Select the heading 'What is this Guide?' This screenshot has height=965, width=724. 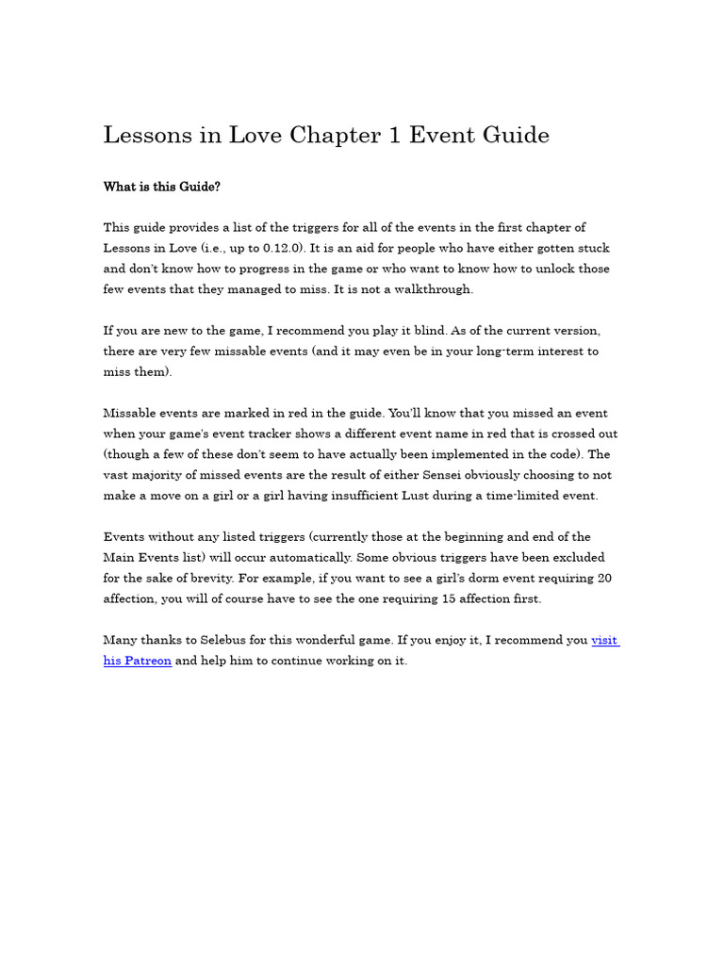(x=161, y=187)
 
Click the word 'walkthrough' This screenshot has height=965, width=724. (x=436, y=289)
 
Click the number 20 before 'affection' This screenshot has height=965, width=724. (x=605, y=579)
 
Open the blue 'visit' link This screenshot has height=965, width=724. (x=604, y=641)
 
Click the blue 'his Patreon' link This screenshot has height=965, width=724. (x=138, y=662)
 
